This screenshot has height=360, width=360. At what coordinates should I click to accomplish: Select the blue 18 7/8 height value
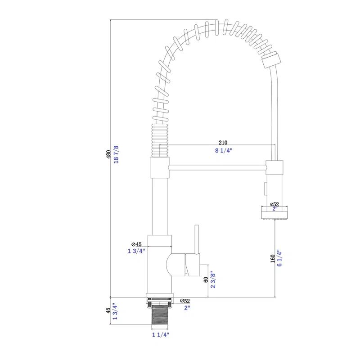point(116,154)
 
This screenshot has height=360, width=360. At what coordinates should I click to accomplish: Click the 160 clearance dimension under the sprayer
point(273,259)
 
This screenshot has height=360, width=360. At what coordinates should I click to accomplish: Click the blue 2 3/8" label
point(214,280)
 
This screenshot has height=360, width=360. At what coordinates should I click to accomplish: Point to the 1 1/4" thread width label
point(160,334)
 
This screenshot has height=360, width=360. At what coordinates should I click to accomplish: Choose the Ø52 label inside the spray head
point(274,204)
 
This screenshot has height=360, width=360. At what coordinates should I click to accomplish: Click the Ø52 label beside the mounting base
point(184,301)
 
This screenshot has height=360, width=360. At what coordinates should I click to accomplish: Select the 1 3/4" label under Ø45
point(136,251)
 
